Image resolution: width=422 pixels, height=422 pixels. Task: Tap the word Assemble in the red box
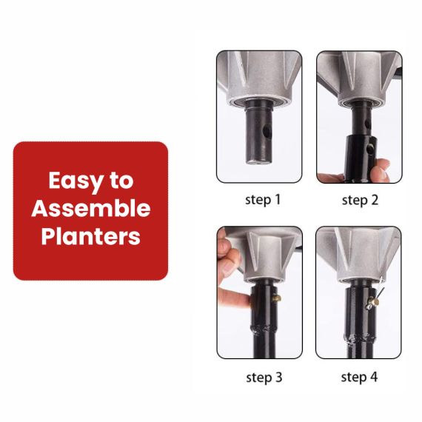91,209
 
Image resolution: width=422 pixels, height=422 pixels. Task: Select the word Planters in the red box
91,236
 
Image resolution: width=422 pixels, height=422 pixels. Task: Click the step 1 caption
263,200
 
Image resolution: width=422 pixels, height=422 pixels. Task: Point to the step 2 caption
360,200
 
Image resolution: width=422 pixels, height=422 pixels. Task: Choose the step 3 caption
264,377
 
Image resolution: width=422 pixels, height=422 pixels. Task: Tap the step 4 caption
359,377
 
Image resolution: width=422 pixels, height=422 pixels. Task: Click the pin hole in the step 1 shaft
267,131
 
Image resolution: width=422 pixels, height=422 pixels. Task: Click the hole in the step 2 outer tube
371,148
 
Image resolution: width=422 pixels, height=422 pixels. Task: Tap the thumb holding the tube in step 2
381,169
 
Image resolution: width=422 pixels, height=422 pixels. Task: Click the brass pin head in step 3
277,298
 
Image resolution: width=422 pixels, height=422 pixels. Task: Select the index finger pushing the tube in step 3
234,298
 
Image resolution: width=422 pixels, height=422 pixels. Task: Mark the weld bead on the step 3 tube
264,329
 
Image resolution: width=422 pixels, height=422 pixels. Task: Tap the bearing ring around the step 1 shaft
258,103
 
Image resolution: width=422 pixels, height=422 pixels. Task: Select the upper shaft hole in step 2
367,124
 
